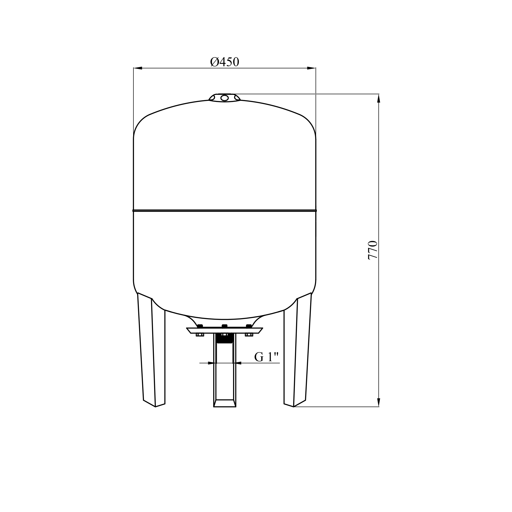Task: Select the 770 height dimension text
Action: pos(373,250)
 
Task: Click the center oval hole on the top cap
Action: pos(225,98)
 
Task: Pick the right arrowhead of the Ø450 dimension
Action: pos(311,68)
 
